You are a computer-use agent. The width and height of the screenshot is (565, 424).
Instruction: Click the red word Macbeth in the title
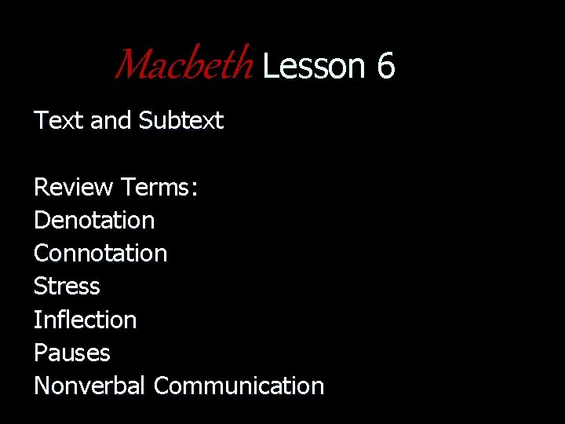(x=184, y=65)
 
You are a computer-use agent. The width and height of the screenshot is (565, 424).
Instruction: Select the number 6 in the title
(x=385, y=66)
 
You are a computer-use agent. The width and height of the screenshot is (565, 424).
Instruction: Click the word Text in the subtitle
(x=59, y=120)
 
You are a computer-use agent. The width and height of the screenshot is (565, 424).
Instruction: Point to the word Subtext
(x=180, y=120)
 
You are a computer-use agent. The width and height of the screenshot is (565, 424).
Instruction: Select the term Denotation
(x=94, y=220)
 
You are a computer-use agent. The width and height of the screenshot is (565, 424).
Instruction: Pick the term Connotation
(x=100, y=253)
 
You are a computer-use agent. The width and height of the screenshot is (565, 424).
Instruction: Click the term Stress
(x=67, y=286)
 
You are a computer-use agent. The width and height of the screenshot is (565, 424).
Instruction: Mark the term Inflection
(x=85, y=320)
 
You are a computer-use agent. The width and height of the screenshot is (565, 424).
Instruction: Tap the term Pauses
(x=71, y=353)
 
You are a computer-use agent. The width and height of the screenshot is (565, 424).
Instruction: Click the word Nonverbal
(x=89, y=386)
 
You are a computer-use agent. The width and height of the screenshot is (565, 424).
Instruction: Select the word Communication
(x=239, y=386)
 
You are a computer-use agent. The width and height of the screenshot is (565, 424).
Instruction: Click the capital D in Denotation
(x=41, y=220)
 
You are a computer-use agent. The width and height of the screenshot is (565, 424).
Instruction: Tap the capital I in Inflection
(x=37, y=320)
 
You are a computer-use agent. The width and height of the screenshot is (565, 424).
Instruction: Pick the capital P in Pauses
(x=40, y=353)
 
